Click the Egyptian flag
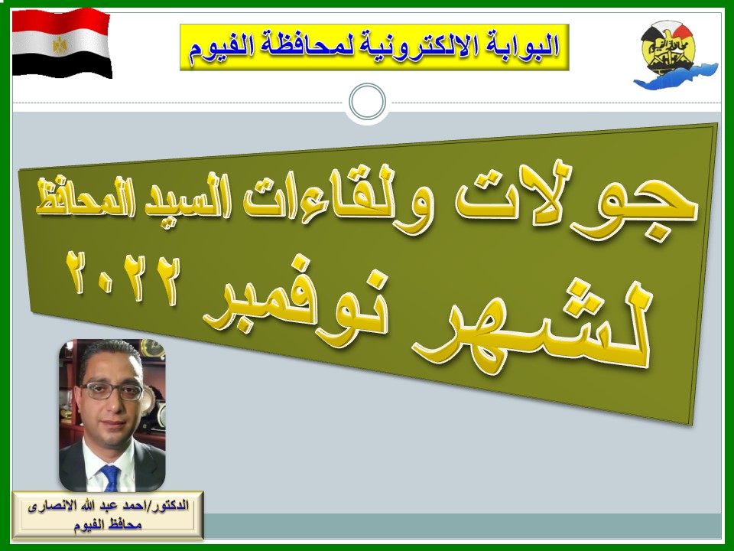click(x=61, y=43)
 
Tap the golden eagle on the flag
click(x=60, y=45)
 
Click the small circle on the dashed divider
click(x=368, y=102)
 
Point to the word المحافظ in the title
click(x=84, y=197)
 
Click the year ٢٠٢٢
click(x=122, y=279)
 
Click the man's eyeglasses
click(x=112, y=391)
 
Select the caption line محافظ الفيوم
click(x=108, y=525)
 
